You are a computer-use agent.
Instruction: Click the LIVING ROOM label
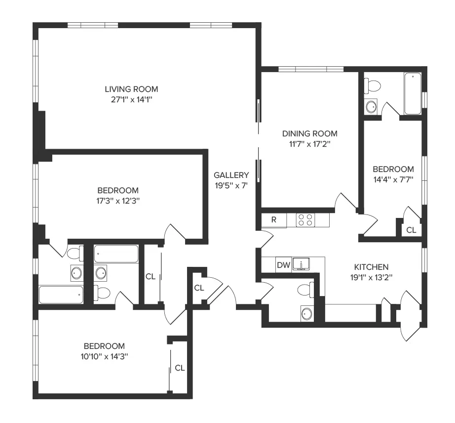click(131, 89)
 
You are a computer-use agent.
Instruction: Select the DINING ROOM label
click(309, 133)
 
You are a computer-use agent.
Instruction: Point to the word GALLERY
click(231, 175)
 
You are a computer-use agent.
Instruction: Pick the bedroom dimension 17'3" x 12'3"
click(117, 201)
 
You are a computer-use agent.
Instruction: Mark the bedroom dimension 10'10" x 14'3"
click(104, 356)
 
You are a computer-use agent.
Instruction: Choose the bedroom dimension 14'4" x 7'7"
click(393, 179)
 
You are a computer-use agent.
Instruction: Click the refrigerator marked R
click(274, 220)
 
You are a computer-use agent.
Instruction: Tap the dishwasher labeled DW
click(283, 265)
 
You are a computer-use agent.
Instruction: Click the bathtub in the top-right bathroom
click(413, 93)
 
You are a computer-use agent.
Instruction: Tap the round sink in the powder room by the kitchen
click(307, 313)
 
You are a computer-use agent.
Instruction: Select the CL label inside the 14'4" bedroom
click(411, 230)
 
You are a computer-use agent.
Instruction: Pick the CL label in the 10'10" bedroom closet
click(180, 368)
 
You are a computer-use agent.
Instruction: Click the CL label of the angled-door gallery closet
click(199, 288)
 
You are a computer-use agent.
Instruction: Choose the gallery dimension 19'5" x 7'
click(231, 186)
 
